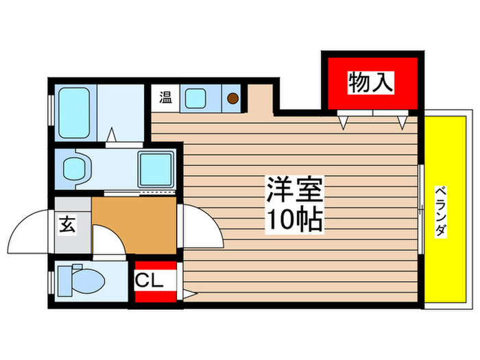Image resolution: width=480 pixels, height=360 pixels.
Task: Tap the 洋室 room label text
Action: pos(295,189)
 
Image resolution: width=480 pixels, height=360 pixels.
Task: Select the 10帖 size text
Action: pos(295,219)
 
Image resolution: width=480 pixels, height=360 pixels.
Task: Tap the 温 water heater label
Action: pos(165,97)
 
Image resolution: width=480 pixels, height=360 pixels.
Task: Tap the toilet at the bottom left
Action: pos(80,280)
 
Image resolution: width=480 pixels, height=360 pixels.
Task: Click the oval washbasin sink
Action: pos(75,167)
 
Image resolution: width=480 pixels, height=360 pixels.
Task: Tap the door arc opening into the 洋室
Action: pos(202,230)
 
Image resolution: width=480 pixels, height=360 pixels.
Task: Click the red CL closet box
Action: pos(155,283)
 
